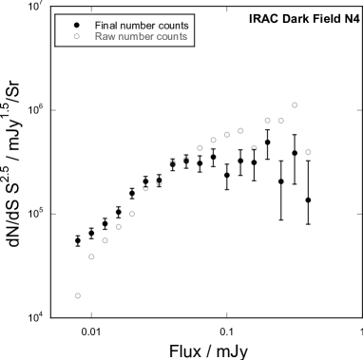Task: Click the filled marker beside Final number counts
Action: point(76,24)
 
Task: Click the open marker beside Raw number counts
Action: point(76,37)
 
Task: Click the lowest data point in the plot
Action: point(78,295)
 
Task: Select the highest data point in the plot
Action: point(295,105)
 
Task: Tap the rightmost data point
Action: point(308,152)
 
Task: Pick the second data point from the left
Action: point(92,256)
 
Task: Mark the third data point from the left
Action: point(105,240)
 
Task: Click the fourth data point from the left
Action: point(119,227)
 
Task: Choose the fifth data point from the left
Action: point(132,214)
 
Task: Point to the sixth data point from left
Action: point(146,188)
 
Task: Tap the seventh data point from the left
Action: point(160,182)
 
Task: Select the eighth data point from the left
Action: point(173,162)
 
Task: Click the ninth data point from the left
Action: point(186,159)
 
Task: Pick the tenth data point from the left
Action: point(201,147)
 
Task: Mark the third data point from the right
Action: point(281,121)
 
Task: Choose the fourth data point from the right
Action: point(268,120)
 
